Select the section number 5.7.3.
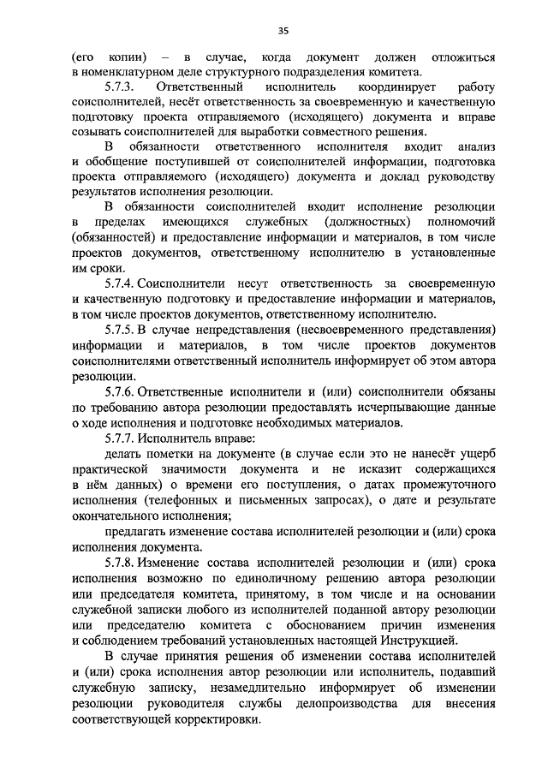tap(121, 87)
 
